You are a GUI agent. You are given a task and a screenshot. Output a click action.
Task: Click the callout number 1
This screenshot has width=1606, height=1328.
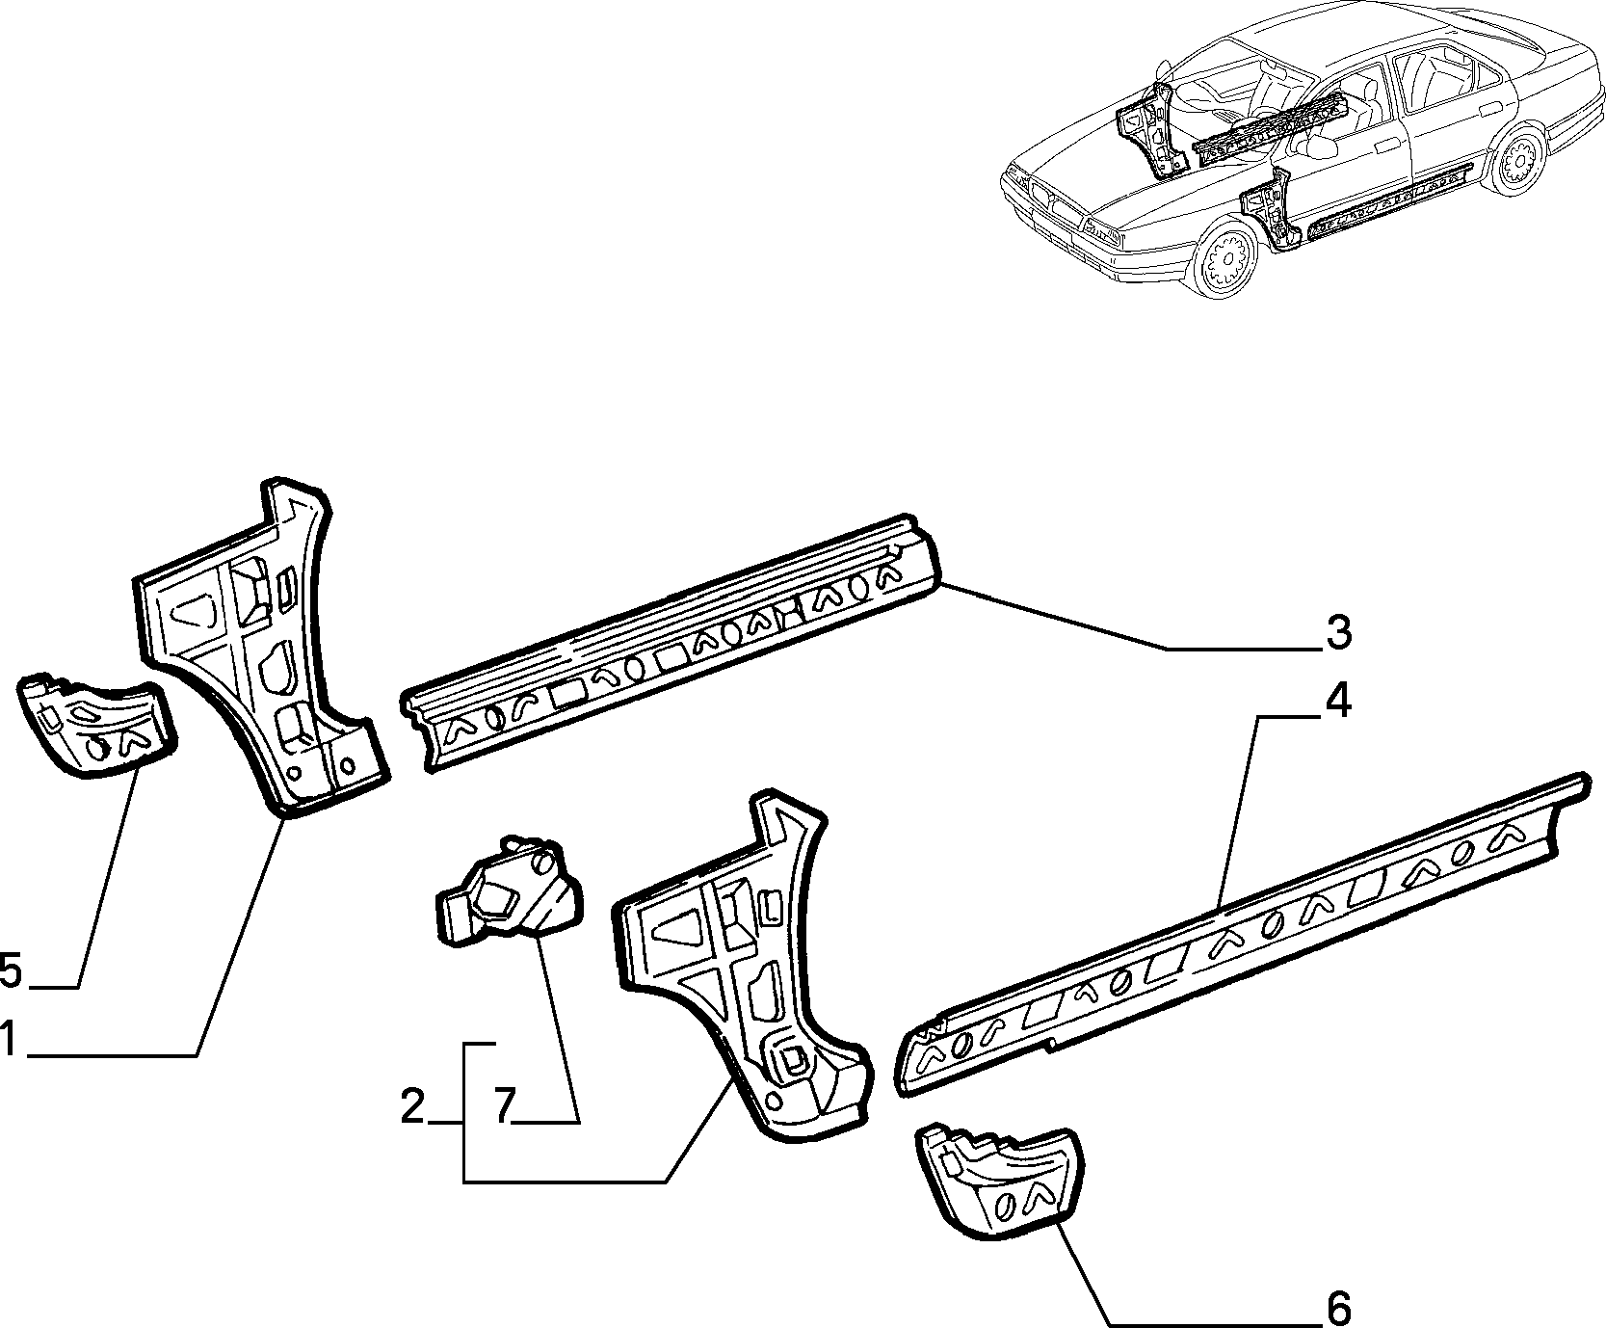point(10,1040)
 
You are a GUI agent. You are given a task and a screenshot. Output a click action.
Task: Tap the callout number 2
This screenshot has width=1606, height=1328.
point(413,1105)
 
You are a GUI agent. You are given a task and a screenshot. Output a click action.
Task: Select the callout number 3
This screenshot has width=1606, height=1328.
point(1337,632)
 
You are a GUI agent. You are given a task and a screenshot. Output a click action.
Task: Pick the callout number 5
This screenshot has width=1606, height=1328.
point(11,969)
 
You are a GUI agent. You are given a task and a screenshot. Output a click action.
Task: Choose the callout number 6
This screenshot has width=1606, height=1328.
point(1337,1309)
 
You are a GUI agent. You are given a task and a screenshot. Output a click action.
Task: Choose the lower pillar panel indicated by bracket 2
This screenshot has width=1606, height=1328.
point(742,964)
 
